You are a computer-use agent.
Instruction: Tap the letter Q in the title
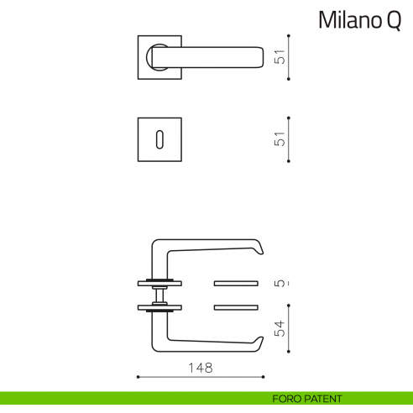(394, 21)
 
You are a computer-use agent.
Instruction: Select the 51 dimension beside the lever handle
(282, 57)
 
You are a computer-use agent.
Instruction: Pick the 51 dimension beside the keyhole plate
(282, 139)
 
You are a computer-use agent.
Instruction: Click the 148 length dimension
(201, 367)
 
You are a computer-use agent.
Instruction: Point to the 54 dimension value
(282, 328)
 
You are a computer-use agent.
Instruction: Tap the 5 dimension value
(282, 284)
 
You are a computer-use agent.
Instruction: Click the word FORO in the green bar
(288, 399)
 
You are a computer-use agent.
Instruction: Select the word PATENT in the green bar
(324, 399)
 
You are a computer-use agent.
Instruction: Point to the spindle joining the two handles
(159, 293)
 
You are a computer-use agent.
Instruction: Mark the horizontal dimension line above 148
(201, 376)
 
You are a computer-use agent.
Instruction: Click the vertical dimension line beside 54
(289, 328)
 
